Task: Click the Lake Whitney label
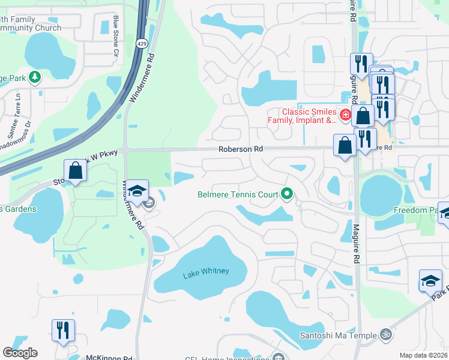[206, 271]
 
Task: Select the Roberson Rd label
[241, 149]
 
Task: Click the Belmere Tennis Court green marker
[287, 194]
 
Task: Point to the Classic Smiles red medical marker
[345, 114]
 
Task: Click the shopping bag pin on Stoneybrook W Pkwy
[76, 170]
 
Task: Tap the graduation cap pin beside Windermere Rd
[137, 192]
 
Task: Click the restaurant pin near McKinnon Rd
[62, 329]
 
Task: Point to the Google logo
[20, 353]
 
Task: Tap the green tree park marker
[35, 77]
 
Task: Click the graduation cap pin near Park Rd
[430, 281]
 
